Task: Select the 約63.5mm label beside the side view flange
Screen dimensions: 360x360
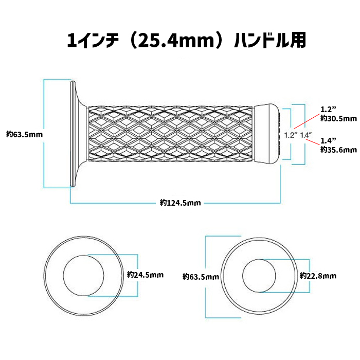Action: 24,134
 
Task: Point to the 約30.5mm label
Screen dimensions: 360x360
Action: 338,118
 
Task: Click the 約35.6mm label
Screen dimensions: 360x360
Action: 338,150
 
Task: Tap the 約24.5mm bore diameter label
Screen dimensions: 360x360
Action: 145,275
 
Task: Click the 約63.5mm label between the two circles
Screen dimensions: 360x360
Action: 201,277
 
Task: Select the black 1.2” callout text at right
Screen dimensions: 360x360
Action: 328,110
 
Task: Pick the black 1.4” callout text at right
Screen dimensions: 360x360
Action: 328,140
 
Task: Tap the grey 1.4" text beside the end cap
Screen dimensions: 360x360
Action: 307,135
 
